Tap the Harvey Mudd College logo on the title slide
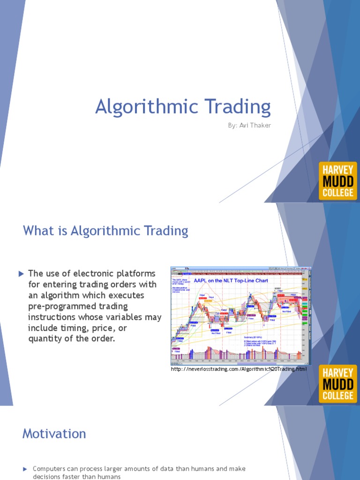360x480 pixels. pyautogui.click(x=337, y=181)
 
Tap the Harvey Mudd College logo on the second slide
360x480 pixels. pyautogui.click(x=337, y=384)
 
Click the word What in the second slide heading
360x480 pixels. pyautogui.click(x=37, y=231)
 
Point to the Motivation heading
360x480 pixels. pyautogui.click(x=54, y=434)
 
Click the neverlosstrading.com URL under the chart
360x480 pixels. pyautogui.click(x=239, y=370)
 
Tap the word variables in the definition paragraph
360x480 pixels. pyautogui.click(x=126, y=317)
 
